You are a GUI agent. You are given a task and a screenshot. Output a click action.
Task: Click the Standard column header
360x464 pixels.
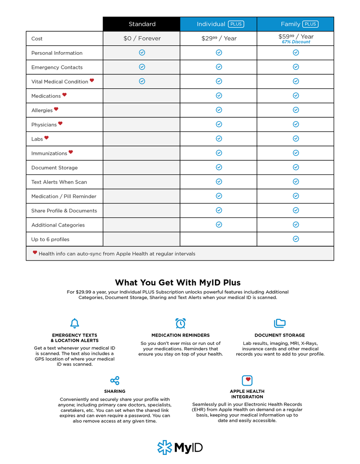[141, 24]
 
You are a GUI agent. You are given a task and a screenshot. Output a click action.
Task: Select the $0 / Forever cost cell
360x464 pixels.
[142, 39]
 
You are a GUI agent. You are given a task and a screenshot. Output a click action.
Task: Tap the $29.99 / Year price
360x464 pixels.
[219, 39]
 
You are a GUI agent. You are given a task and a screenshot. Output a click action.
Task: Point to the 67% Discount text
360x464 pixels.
[296, 42]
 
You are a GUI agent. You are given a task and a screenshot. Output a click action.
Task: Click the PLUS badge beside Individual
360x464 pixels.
[236, 24]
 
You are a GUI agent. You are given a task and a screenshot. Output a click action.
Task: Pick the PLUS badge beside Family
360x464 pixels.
[310, 24]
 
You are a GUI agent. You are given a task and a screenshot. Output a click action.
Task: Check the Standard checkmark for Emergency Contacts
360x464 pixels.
[142, 67]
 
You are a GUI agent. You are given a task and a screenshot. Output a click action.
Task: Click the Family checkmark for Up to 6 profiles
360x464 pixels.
[296, 239]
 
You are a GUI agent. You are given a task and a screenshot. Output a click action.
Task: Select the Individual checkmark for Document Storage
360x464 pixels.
[219, 167]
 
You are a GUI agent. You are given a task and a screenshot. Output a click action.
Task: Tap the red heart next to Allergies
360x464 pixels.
[56, 109]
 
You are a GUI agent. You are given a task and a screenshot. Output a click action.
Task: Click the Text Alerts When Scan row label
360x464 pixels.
[59, 182]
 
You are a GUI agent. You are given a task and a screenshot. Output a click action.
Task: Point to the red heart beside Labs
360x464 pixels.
[46, 138]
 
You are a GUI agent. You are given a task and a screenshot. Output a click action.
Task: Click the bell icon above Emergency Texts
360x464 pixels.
[75, 323]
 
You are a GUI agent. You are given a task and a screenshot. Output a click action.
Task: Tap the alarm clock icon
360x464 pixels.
[180, 323]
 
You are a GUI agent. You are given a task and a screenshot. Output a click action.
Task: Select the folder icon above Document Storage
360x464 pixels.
[280, 323]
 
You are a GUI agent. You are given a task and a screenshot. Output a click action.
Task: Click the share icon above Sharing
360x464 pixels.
[115, 380]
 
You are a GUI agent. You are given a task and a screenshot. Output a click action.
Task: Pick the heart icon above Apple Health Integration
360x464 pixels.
[247, 380]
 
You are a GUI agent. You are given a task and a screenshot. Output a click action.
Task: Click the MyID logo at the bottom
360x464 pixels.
[180, 448]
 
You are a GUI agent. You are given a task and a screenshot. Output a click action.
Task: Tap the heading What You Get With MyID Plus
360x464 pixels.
[178, 283]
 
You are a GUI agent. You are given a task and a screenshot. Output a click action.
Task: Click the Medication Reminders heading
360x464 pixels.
[180, 335]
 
